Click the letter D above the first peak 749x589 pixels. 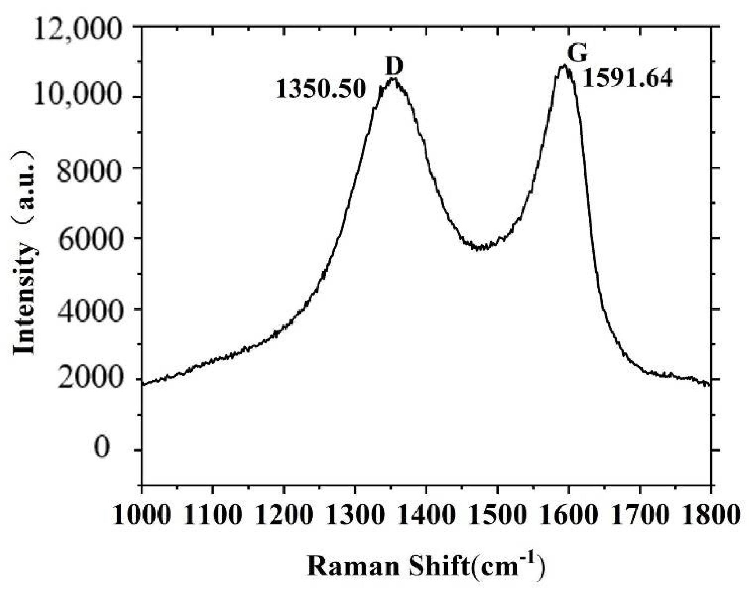pyautogui.click(x=393, y=67)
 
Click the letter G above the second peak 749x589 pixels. pyautogui.click(x=577, y=54)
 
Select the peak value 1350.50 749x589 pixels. pyautogui.click(x=320, y=89)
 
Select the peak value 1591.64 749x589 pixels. pyautogui.click(x=627, y=79)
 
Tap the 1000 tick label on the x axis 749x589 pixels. pyautogui.click(x=142, y=515)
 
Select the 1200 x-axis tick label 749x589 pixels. pyautogui.click(x=284, y=515)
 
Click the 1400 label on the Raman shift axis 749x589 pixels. pyautogui.click(x=426, y=515)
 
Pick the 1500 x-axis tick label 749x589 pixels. pyautogui.click(x=497, y=515)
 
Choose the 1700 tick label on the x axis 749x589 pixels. pyautogui.click(x=639, y=515)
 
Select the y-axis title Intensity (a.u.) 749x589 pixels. pyautogui.click(x=24, y=252)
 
